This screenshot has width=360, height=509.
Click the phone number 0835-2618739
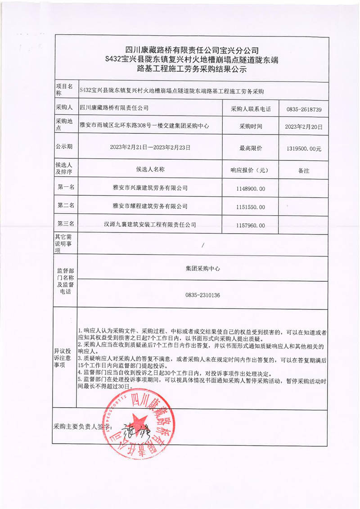click(300, 109)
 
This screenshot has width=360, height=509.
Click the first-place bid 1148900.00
click(251, 188)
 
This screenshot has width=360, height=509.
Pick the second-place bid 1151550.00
click(251, 207)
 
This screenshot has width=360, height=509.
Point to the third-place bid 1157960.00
click(251, 225)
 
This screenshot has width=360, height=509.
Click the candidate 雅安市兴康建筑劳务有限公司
click(150, 188)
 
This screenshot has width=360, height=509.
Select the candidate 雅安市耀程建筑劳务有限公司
click(150, 207)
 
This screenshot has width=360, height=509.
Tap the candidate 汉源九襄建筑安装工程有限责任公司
click(150, 225)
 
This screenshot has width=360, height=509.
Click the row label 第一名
click(66, 187)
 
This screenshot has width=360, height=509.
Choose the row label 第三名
click(66, 224)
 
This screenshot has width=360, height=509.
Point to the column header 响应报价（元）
click(251, 170)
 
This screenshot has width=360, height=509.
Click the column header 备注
click(301, 171)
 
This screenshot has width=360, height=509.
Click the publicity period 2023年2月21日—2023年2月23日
click(150, 147)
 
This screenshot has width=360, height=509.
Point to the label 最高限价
click(251, 148)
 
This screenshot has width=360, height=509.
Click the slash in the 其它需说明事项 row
click(203, 245)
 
